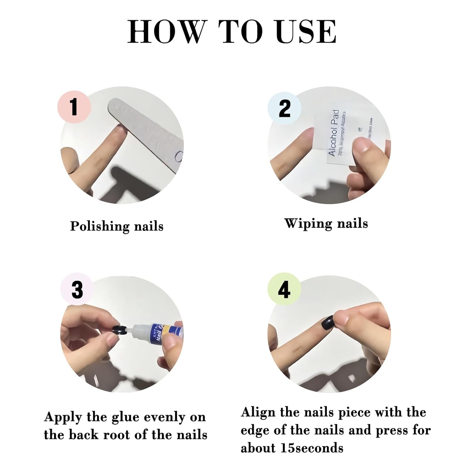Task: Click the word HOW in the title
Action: pyautogui.click(x=165, y=32)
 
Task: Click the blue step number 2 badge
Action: pyautogui.click(x=284, y=109)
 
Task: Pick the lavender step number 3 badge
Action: pyautogui.click(x=77, y=290)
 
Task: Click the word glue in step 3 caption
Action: pyautogui.click(x=127, y=418)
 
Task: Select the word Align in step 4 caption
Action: pyautogui.click(x=258, y=413)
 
